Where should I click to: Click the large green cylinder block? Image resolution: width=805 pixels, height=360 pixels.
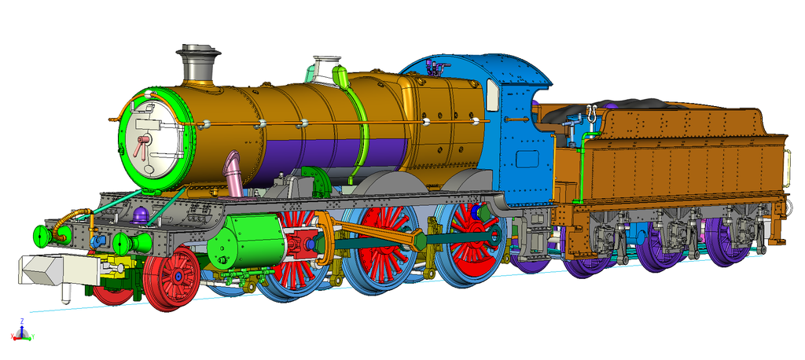click(x=253, y=239)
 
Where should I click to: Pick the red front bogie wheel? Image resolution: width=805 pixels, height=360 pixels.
click(x=172, y=277)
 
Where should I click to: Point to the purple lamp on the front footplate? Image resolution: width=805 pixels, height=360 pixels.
click(x=141, y=215)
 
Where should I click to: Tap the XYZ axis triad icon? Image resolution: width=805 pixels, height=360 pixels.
click(x=21, y=332)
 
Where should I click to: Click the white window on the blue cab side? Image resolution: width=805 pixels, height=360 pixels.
click(x=493, y=95)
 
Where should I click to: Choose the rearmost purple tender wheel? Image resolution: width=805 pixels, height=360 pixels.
click(x=728, y=239)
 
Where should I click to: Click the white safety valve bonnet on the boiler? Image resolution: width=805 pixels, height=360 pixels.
click(x=325, y=68)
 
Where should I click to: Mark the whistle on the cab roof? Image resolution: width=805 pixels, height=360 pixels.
click(x=430, y=67)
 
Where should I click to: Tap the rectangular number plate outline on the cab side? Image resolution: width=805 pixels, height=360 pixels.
click(x=527, y=159)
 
